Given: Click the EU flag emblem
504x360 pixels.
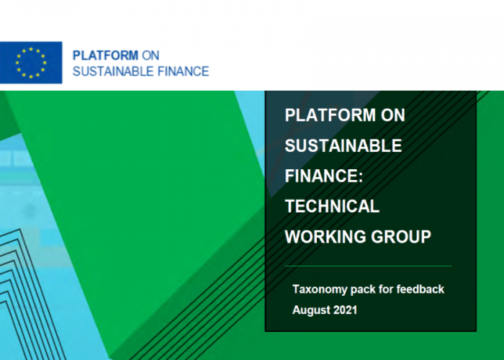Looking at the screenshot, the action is [31, 63].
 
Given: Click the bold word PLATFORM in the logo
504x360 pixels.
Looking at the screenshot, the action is [105, 55].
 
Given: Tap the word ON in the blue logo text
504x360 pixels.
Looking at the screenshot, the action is [150, 55].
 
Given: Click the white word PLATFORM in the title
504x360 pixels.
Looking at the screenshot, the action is [330, 114].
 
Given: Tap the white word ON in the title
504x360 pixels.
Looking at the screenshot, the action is [393, 114].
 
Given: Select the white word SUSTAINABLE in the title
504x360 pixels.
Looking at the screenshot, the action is [343, 145].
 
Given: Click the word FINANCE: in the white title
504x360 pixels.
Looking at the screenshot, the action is [324, 176].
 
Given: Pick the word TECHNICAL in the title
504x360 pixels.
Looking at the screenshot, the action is [332, 206].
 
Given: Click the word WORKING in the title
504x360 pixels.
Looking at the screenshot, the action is [325, 237].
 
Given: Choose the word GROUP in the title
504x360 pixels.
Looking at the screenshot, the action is [401, 237].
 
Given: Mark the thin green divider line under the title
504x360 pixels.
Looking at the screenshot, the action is [369, 266].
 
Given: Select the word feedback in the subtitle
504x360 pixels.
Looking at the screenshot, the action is [420, 289].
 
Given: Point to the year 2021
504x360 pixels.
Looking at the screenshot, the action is [345, 310].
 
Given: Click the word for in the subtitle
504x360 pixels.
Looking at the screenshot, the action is [386, 289].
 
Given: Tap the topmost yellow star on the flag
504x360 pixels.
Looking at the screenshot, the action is [31, 49].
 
